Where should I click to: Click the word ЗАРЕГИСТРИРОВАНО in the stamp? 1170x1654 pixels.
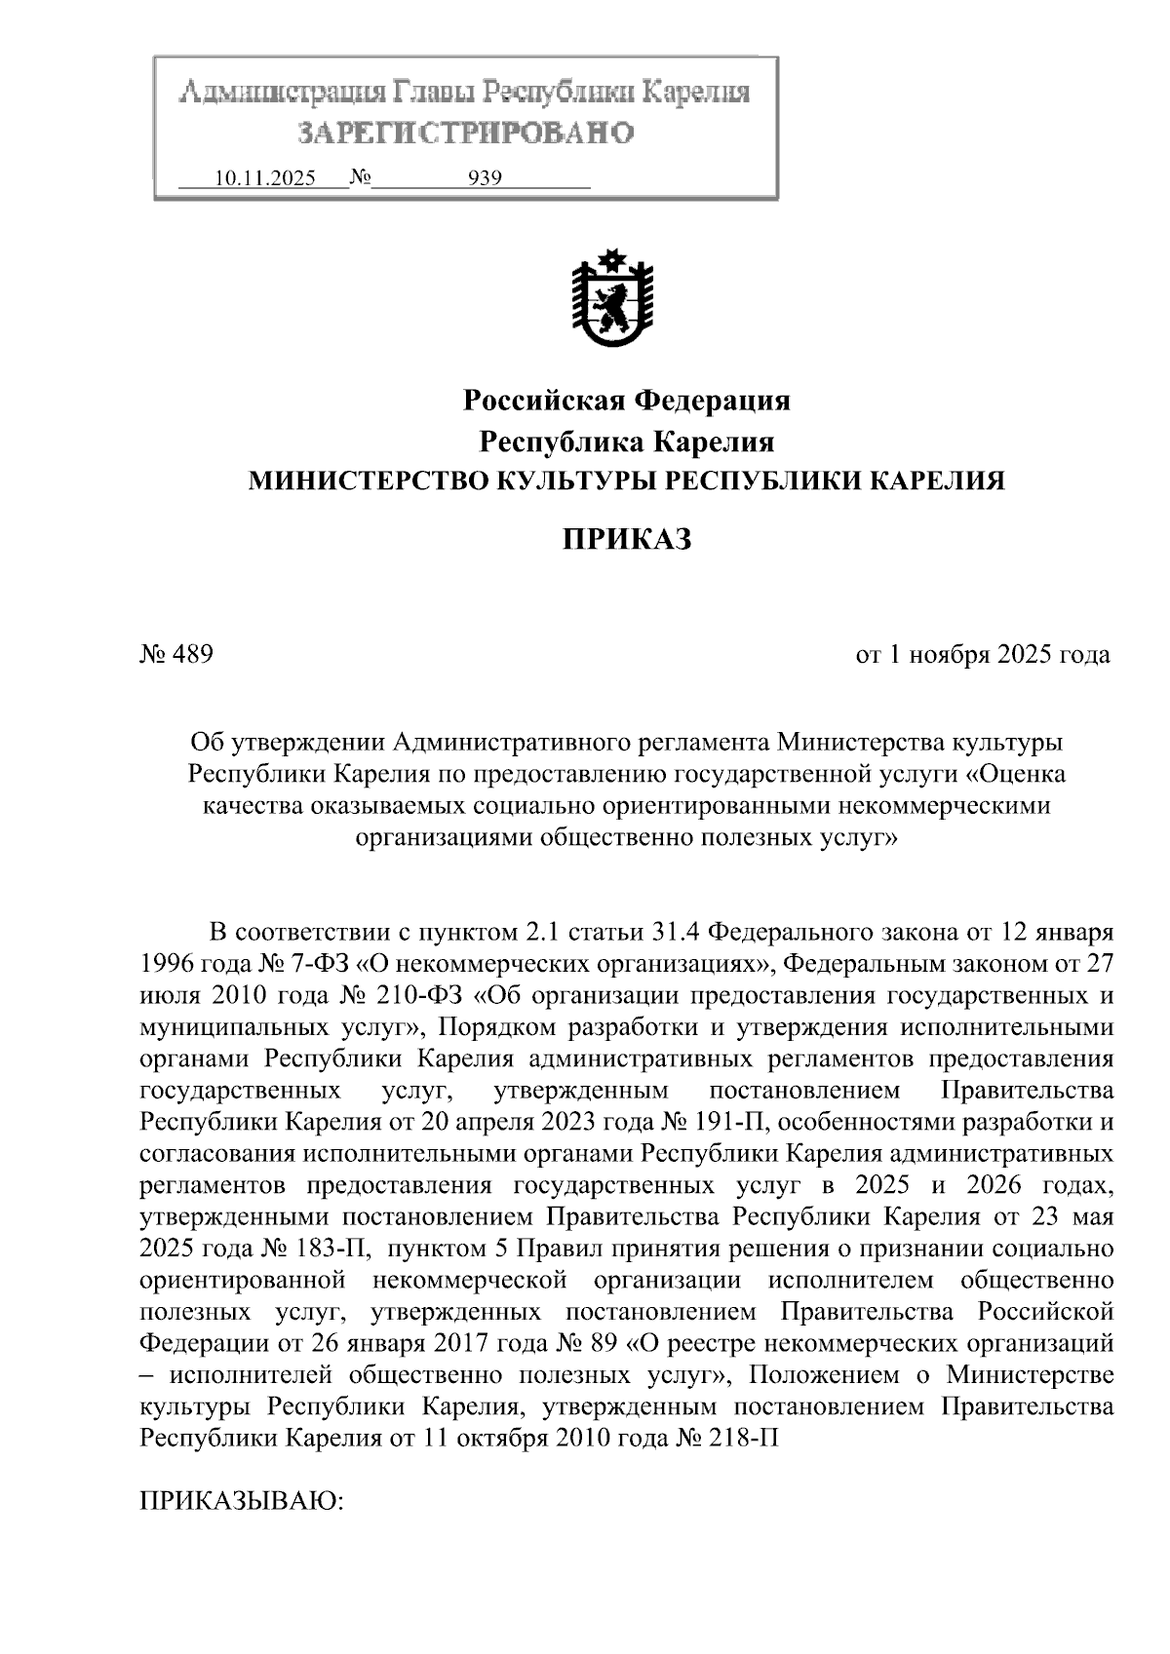coord(464,132)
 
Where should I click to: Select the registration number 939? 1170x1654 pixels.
coord(486,178)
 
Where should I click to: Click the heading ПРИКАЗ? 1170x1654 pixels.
coord(626,538)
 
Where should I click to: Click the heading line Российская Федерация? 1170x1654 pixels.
coord(626,401)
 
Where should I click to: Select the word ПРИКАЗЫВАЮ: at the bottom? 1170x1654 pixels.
coord(243,1499)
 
